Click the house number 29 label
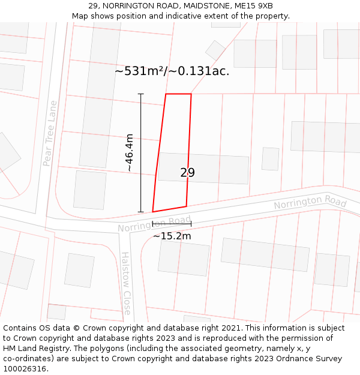pos(187,173)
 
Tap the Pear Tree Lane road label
pos(50,133)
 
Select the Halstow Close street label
pos(127,283)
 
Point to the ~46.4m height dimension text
pos(130,153)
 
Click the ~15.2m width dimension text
pos(172,236)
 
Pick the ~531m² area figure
pos(139,71)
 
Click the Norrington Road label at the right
pos(310,202)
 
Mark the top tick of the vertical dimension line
pos(141,94)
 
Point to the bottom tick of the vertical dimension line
pos(141,212)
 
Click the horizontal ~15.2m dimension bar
pos(172,224)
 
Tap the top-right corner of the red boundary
pos(191,94)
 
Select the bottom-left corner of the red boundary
pos(153,212)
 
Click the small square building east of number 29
pos(270,158)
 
